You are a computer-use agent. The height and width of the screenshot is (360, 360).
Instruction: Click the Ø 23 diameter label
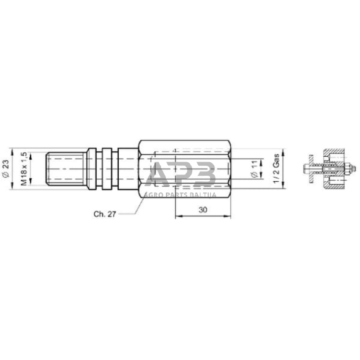(6, 168)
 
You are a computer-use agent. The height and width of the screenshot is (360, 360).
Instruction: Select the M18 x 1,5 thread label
(24, 169)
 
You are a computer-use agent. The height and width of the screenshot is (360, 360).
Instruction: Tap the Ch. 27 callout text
(105, 214)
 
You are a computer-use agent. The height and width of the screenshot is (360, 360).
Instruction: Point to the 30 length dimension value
(203, 210)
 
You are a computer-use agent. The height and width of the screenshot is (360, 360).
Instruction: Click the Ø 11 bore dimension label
(255, 169)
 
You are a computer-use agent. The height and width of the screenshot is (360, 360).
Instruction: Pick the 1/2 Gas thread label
(276, 168)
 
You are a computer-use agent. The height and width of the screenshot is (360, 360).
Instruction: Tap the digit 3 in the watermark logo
(204, 174)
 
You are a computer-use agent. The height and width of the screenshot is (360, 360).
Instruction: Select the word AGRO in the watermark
(152, 195)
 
